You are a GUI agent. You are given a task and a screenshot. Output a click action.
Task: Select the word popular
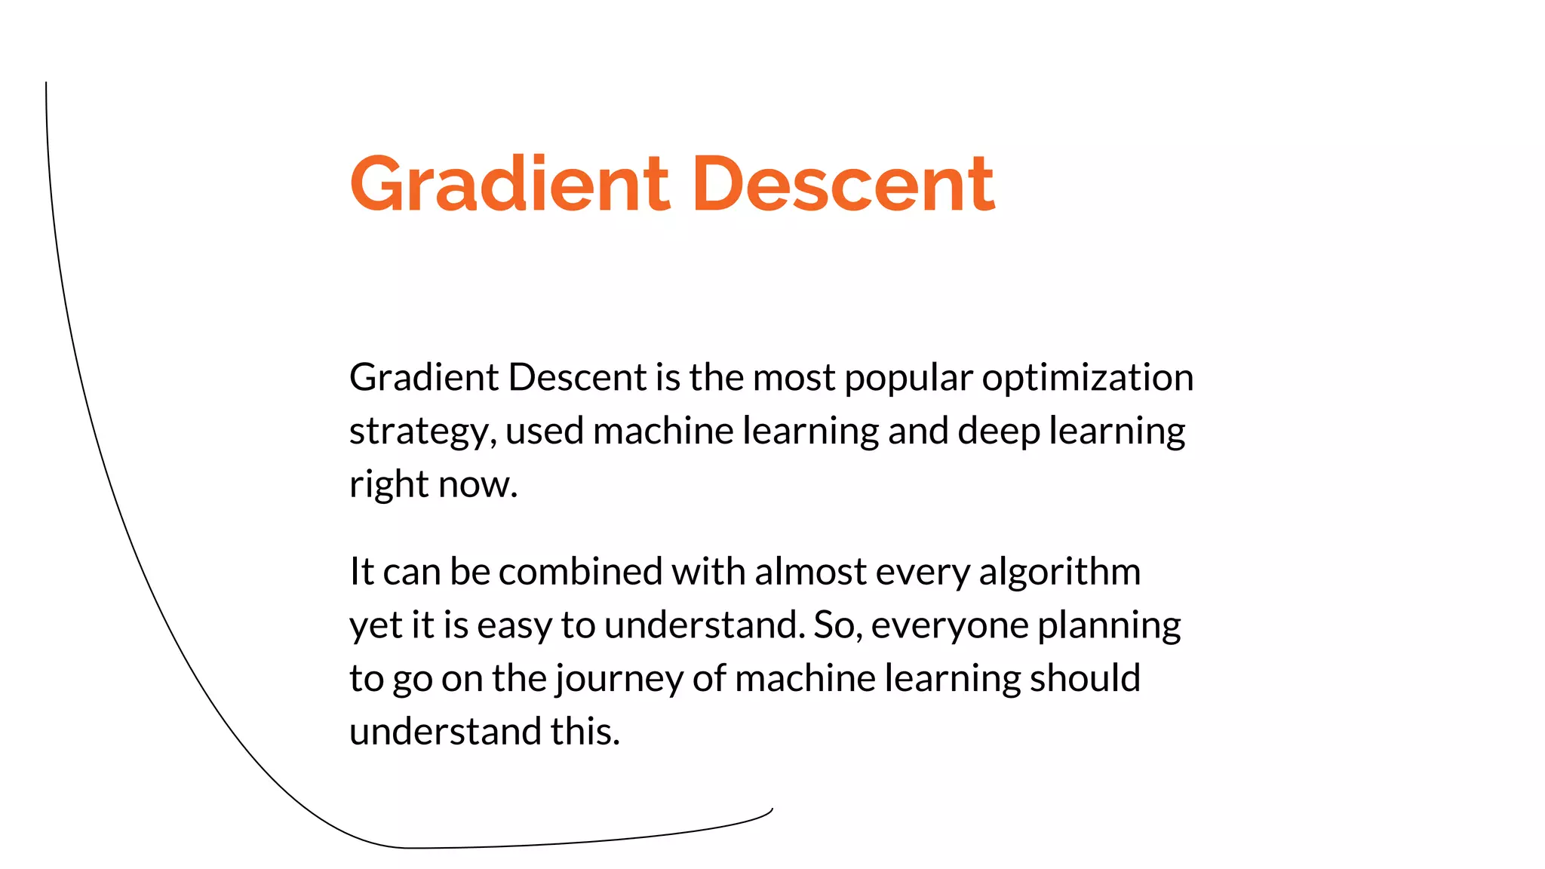(908, 378)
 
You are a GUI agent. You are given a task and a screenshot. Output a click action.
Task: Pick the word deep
(999, 432)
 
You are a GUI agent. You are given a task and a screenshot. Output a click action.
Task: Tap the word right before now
(389, 485)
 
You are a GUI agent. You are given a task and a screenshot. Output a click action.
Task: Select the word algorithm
(1059, 572)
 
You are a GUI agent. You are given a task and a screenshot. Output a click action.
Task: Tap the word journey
(619, 679)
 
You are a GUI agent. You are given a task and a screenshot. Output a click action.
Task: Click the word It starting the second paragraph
(361, 572)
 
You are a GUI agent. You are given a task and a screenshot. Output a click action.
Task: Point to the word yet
(375, 626)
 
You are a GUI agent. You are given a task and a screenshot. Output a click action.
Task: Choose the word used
(545, 431)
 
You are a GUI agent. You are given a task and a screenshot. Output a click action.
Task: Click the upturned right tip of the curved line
(771, 810)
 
